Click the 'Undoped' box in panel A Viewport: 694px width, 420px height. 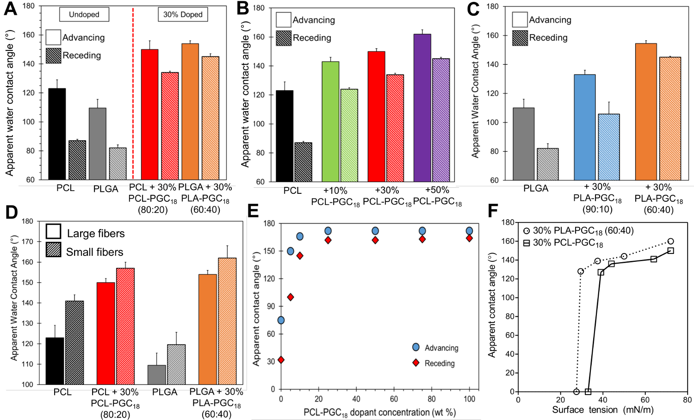coord(84,14)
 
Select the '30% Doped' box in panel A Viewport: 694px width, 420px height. coord(183,14)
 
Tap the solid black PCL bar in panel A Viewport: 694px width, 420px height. coord(57,134)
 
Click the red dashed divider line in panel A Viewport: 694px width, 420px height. coord(133,93)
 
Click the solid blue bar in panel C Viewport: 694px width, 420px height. coord(584,127)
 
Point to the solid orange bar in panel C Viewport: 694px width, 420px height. coord(646,111)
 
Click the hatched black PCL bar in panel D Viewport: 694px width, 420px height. coord(74,343)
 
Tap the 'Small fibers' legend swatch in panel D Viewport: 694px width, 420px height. coord(54,250)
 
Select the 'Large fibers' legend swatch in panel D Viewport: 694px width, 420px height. coord(54,231)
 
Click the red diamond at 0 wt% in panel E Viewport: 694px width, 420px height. coord(281,360)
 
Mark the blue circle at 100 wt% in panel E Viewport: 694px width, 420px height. coord(470,231)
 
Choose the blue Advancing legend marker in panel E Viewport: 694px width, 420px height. coord(416,347)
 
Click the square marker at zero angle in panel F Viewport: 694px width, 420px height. coord(588,392)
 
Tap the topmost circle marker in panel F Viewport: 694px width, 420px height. coord(671,241)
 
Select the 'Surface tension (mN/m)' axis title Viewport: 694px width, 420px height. coord(602,410)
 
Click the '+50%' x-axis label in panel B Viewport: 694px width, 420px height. coord(437,190)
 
